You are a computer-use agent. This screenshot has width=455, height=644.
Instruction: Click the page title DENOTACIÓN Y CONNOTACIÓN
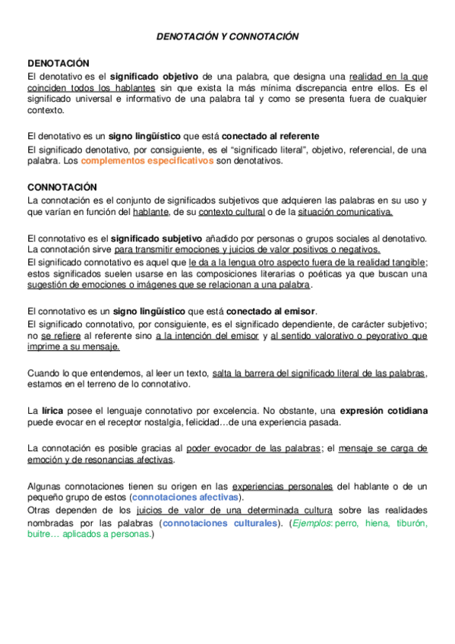point(227,36)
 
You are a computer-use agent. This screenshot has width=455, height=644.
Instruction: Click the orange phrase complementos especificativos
point(147,162)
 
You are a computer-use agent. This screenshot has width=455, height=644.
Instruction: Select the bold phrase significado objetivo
point(156,77)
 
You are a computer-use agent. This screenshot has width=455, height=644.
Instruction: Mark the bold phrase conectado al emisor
point(270,311)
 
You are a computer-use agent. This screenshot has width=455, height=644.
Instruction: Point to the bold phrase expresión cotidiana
point(384,411)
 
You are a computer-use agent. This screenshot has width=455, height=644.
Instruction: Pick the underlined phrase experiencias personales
point(283,485)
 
